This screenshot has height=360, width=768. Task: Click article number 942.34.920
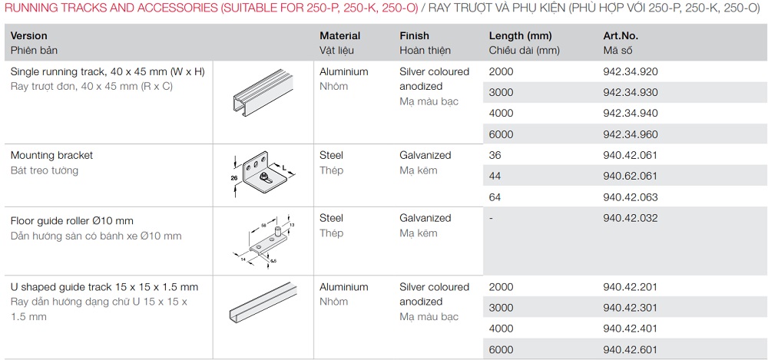(631, 72)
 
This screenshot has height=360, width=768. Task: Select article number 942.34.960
(631, 134)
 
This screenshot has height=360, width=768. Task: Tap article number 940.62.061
(631, 177)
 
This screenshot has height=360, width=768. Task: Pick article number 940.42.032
(631, 218)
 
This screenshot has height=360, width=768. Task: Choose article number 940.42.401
(631, 329)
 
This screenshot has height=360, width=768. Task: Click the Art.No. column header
(621, 36)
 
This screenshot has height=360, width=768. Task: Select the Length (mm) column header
(520, 36)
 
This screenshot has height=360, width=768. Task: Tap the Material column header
(339, 36)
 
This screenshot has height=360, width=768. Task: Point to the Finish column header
(414, 36)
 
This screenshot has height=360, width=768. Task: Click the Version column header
(29, 36)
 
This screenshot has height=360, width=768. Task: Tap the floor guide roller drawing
(263, 240)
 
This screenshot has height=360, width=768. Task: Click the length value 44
(495, 177)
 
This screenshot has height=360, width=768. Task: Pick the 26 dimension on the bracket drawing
(234, 178)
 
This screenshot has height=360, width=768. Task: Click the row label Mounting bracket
(51, 155)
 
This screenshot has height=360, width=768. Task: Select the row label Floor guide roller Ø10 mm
(71, 221)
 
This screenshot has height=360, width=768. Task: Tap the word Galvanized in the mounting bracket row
(425, 155)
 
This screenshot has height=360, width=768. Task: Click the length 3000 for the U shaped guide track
(501, 308)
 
